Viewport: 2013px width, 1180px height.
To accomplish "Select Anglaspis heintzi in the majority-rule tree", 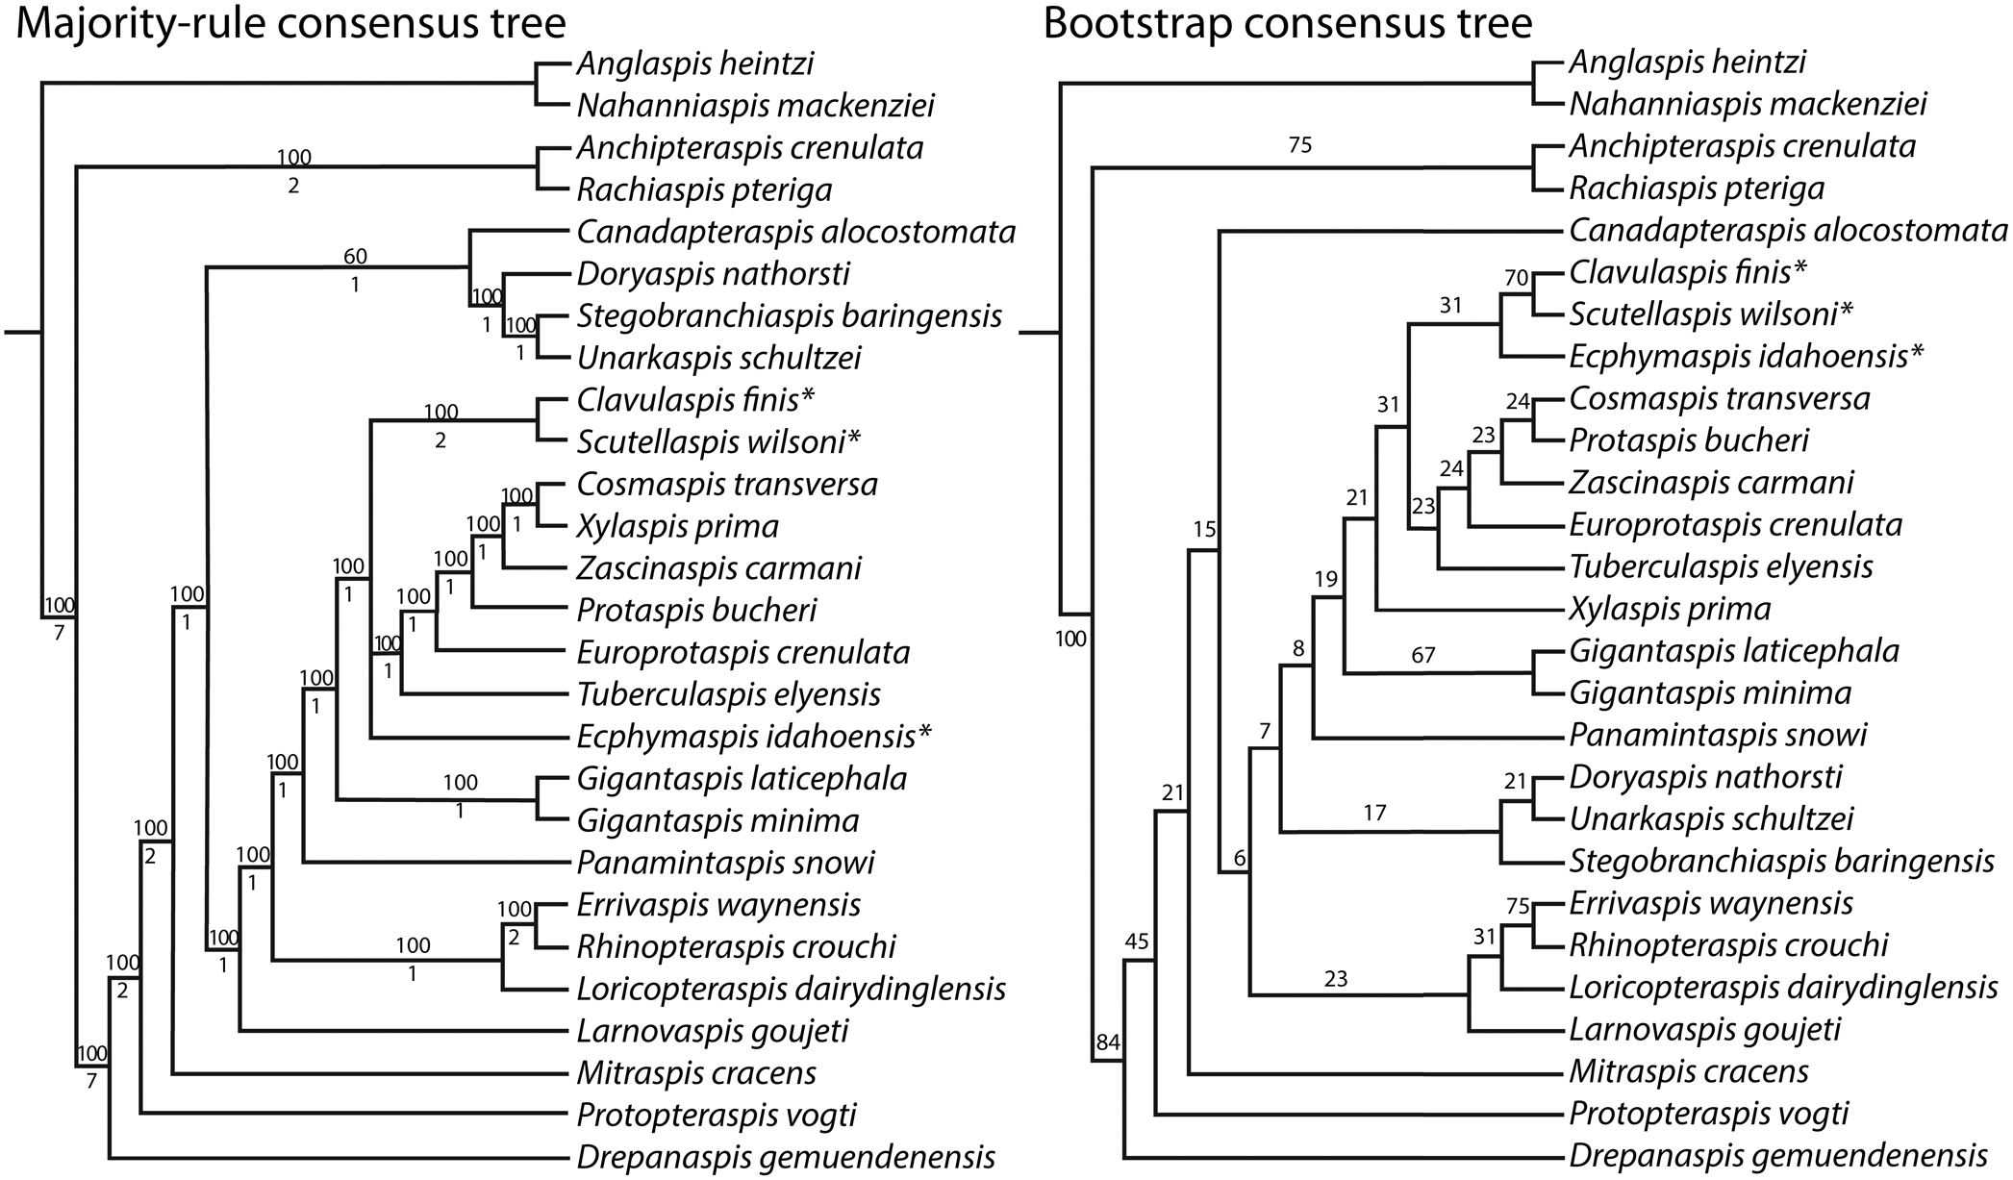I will [x=694, y=64].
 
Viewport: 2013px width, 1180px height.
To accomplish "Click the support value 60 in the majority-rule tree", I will [x=355, y=256].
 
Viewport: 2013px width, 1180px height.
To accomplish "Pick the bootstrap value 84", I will [x=1108, y=1042].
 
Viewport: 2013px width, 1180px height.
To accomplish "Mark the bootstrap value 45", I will [x=1137, y=941].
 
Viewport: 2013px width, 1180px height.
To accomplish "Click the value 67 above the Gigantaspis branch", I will [x=1423, y=656].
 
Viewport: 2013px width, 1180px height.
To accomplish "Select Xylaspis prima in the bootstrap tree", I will [x=1670, y=609].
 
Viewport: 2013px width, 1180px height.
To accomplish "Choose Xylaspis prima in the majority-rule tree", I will [x=677, y=526].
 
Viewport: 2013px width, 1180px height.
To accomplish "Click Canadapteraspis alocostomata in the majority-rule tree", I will [x=795, y=232].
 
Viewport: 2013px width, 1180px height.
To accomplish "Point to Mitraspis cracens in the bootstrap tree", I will [x=1688, y=1071].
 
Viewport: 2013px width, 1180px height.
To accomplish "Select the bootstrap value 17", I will [x=1375, y=814].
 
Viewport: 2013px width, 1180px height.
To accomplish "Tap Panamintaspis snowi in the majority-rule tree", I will [x=725, y=863].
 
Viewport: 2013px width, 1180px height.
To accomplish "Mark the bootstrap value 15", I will [x=1204, y=529].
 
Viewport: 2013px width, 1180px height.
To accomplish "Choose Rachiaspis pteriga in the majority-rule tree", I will [x=703, y=190].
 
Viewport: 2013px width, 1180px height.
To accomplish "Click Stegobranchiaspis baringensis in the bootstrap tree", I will [x=1781, y=861].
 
